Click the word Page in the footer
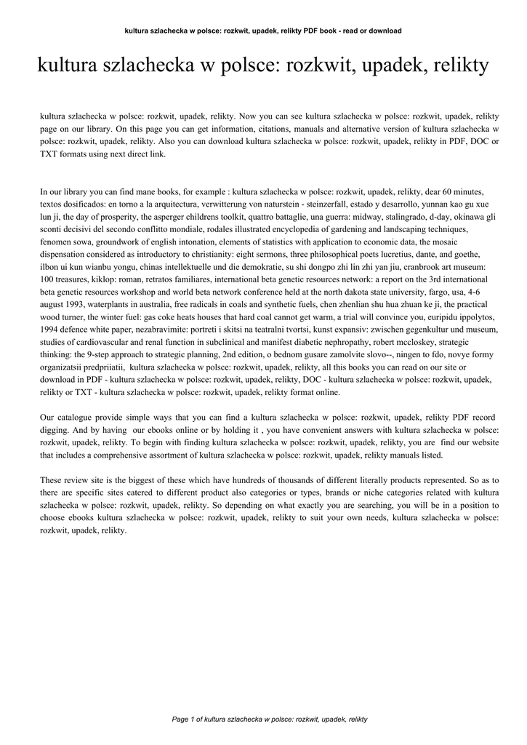180,720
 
